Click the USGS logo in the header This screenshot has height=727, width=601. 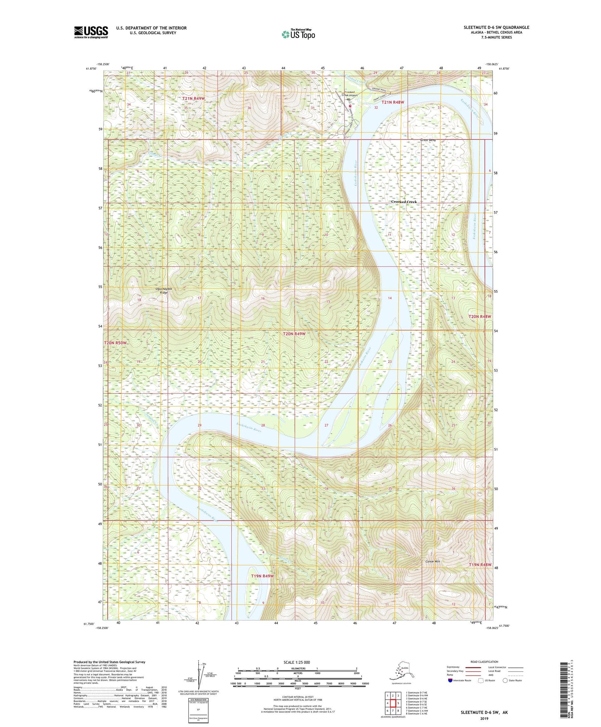[x=91, y=32]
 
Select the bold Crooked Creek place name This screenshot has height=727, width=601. [x=403, y=202]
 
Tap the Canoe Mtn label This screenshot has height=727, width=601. [x=433, y=562]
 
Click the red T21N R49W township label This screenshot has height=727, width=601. [x=193, y=98]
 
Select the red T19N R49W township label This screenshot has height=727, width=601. [x=262, y=576]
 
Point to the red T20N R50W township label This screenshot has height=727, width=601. [x=115, y=343]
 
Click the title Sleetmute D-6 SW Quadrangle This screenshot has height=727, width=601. [x=496, y=27]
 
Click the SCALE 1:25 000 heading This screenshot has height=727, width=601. [x=297, y=662]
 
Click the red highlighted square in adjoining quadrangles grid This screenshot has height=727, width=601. [x=393, y=703]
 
